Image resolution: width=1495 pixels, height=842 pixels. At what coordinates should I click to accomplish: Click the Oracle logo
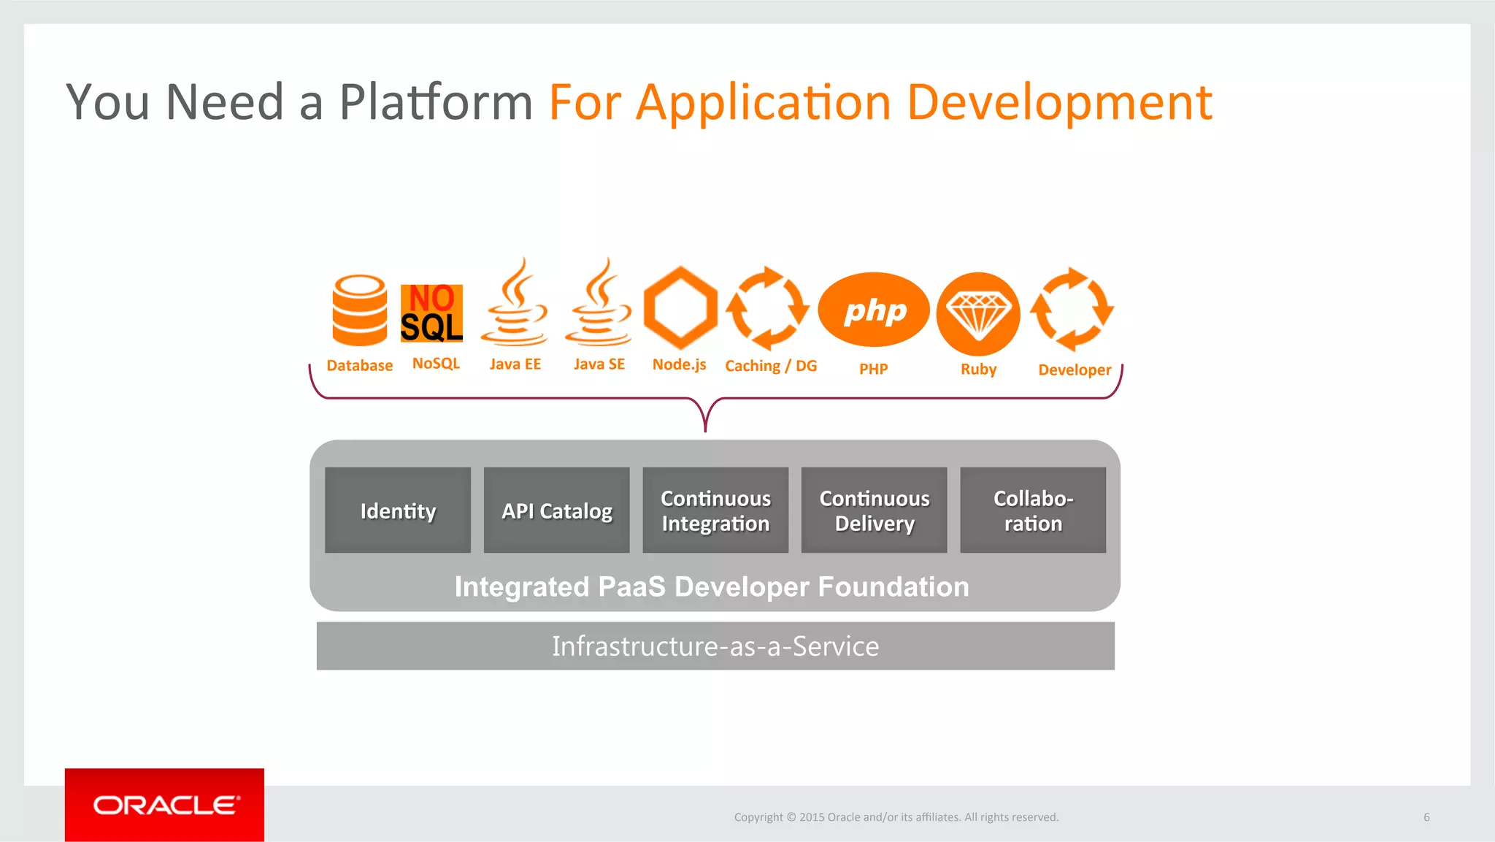[164, 805]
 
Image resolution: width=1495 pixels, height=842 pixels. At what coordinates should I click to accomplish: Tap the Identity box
[398, 510]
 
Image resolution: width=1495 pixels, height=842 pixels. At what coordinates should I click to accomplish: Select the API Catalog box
[556, 510]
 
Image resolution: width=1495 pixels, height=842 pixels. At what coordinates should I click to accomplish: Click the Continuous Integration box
[715, 510]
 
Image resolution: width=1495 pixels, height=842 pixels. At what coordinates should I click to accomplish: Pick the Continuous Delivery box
[874, 510]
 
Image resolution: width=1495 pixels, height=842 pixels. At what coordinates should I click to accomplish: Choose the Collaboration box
[1033, 510]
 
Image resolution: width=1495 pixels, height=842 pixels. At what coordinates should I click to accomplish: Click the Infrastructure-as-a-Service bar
[715, 646]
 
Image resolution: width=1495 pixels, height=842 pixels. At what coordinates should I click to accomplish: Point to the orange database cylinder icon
[359, 310]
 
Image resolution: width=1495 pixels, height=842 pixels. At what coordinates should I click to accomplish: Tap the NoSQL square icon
[431, 313]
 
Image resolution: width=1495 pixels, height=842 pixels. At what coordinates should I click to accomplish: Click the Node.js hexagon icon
[680, 308]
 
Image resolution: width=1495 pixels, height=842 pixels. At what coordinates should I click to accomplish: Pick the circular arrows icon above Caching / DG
[767, 308]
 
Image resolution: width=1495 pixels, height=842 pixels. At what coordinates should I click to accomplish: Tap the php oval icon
[874, 310]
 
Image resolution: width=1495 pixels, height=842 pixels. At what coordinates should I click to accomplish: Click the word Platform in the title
[436, 102]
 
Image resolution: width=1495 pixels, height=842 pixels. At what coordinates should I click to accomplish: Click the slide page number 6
[1426, 817]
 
